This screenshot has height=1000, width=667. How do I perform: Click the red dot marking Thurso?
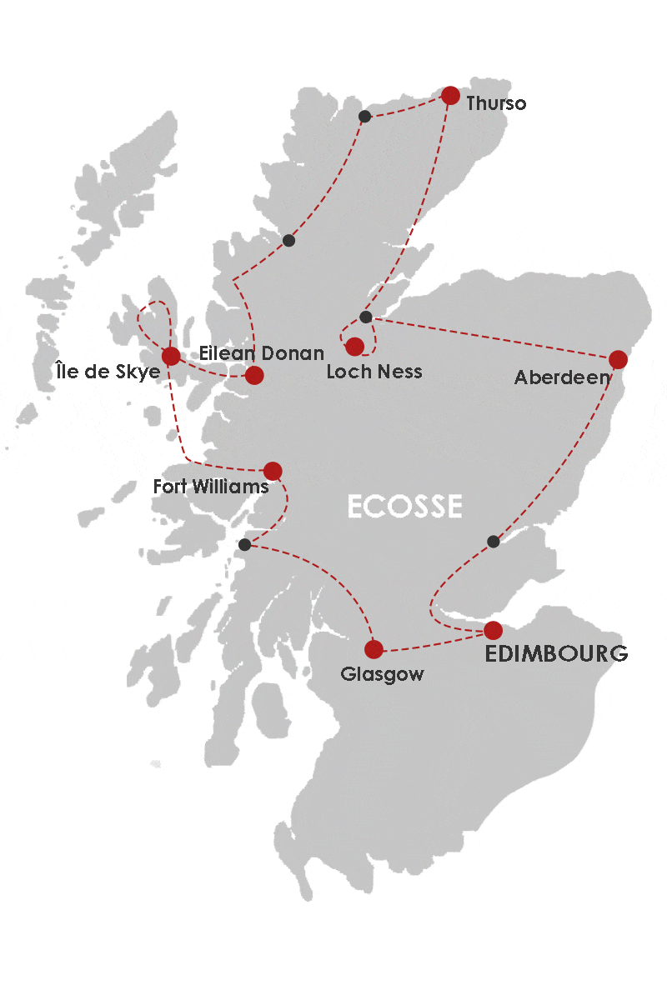pyautogui.click(x=450, y=96)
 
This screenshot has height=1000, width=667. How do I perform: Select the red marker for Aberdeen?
pyautogui.click(x=618, y=359)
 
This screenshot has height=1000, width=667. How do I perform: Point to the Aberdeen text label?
pyautogui.click(x=562, y=377)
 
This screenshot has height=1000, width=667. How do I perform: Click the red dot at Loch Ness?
pyautogui.click(x=355, y=346)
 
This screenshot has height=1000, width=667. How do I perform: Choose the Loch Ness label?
pyautogui.click(x=374, y=372)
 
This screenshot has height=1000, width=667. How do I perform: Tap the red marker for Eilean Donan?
pyautogui.click(x=254, y=375)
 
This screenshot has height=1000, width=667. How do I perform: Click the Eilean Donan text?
pyautogui.click(x=262, y=353)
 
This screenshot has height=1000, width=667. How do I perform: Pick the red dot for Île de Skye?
pyautogui.click(x=170, y=357)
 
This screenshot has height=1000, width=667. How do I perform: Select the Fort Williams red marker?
pyautogui.click(x=273, y=471)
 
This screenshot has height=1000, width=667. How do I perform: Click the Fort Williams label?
pyautogui.click(x=211, y=486)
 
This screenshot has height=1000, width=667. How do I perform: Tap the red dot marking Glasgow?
pyautogui.click(x=374, y=649)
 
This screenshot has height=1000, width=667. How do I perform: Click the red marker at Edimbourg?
pyautogui.click(x=493, y=630)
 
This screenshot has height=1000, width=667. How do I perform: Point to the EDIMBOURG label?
pyautogui.click(x=557, y=654)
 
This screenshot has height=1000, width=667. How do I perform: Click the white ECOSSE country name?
pyautogui.click(x=404, y=506)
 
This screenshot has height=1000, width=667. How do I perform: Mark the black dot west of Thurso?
pyautogui.click(x=364, y=116)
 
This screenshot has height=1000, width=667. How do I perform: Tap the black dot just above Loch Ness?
pyautogui.click(x=365, y=317)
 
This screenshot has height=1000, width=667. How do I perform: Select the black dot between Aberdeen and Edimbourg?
pyautogui.click(x=493, y=542)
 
